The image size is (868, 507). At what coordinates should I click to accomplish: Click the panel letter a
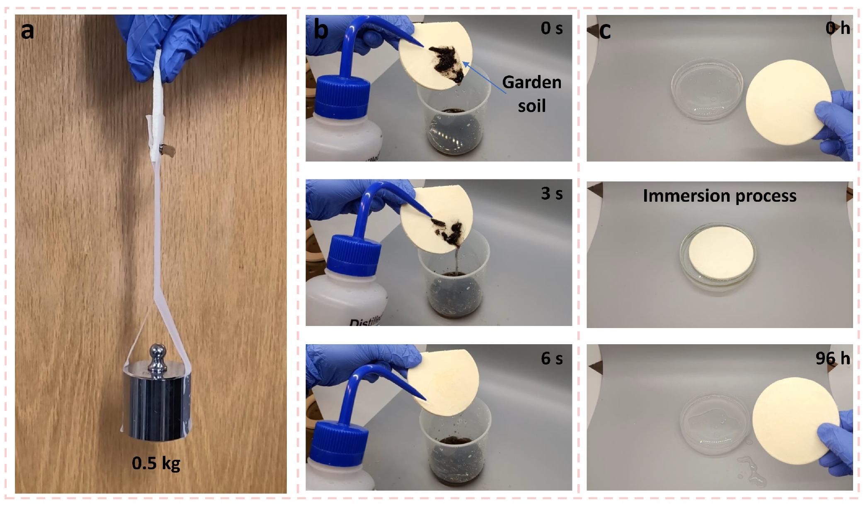(27, 31)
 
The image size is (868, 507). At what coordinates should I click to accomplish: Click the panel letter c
(605, 31)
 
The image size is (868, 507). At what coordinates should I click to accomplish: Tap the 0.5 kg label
(156, 464)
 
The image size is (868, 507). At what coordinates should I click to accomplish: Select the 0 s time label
(552, 28)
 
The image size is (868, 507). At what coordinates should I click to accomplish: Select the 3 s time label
(552, 193)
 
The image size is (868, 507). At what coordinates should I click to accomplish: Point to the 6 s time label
(552, 358)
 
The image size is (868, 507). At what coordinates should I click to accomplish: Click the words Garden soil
(532, 94)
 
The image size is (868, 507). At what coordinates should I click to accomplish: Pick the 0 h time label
(837, 28)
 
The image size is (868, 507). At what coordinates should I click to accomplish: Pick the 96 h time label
(833, 358)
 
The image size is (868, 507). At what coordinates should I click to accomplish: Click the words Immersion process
(720, 196)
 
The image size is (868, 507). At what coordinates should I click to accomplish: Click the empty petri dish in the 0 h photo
(706, 89)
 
